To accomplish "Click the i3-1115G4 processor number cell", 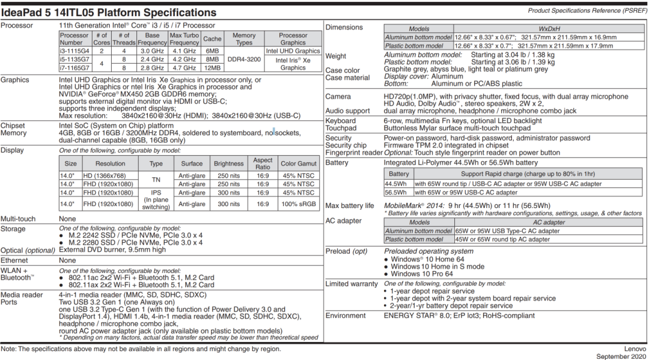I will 75,51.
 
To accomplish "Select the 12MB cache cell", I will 212,68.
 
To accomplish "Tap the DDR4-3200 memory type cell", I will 243,59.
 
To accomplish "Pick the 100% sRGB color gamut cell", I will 297,204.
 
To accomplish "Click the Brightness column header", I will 228,163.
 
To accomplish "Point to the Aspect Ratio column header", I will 263,163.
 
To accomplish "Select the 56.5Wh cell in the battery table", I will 396,192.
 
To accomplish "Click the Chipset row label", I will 13,126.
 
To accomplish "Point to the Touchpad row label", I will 341,128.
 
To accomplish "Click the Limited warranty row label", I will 352,284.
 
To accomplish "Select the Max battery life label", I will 349,206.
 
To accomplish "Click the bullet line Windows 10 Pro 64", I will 421,274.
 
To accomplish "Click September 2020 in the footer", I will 621,356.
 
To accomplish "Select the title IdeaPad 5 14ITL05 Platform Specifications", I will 109,12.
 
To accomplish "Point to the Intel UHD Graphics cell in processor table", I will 293,51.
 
